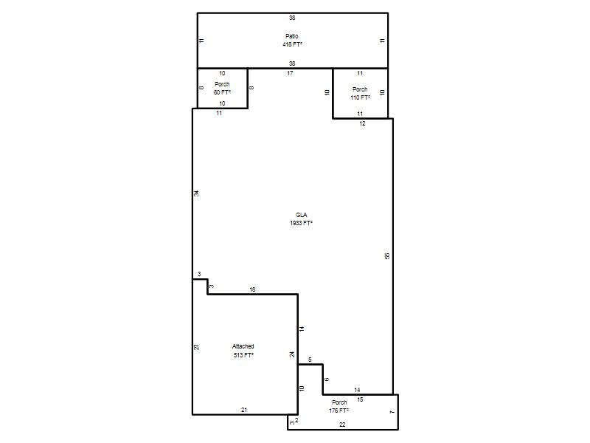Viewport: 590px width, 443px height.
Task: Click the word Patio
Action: click(x=291, y=36)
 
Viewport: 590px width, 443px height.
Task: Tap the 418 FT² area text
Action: click(x=292, y=44)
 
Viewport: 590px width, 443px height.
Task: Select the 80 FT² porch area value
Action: click(x=222, y=92)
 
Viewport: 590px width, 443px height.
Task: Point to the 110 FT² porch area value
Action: click(x=360, y=97)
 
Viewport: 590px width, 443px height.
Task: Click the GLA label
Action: click(x=301, y=215)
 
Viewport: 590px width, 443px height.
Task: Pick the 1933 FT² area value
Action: click(x=301, y=223)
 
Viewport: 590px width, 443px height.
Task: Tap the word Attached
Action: click(x=243, y=346)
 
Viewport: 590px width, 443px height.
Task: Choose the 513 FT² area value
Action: click(x=243, y=355)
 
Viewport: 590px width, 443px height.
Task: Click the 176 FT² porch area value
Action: click(x=339, y=411)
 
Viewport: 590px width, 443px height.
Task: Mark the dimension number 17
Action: click(x=290, y=73)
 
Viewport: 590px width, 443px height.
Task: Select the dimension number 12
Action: click(x=362, y=123)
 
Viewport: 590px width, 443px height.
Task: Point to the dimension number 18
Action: click(x=252, y=289)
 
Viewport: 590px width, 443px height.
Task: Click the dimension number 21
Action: click(x=244, y=410)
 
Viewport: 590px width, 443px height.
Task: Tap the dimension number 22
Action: click(x=342, y=425)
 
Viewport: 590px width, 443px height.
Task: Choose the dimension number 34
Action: click(x=196, y=193)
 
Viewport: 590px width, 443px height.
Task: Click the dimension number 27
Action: click(x=196, y=347)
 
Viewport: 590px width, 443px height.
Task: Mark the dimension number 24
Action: click(x=292, y=354)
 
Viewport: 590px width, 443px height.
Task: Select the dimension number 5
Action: click(x=310, y=360)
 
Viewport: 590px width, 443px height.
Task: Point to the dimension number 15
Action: click(x=360, y=399)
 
